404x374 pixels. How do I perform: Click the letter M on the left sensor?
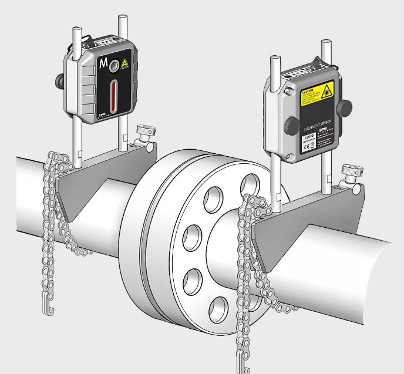104,63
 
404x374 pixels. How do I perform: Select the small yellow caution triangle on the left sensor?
124,64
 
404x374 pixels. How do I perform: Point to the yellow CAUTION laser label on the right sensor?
316,96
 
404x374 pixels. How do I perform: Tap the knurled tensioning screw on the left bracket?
144,130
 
